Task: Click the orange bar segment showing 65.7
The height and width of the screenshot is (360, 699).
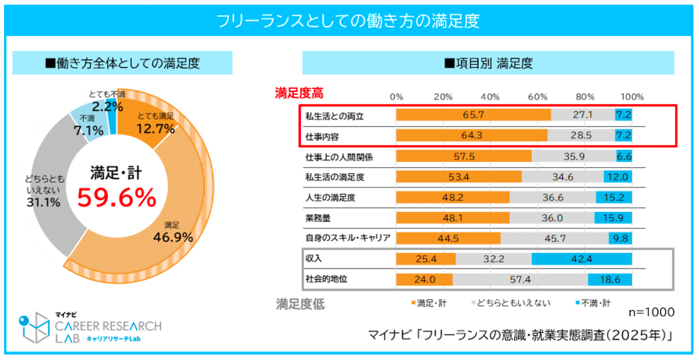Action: tap(473, 115)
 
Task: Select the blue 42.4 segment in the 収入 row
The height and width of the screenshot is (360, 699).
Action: tap(581, 258)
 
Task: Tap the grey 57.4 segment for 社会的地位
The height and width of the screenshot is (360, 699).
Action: tap(520, 280)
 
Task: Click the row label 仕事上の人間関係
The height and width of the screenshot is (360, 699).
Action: tap(339, 156)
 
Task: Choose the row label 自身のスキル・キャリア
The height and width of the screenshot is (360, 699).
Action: tap(348, 238)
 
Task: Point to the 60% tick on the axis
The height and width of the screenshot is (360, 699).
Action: tap(538, 97)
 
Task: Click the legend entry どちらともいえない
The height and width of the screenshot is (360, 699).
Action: tap(509, 303)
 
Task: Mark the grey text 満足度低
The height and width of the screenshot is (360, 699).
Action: tap(300, 303)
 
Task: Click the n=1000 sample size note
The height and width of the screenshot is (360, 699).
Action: tap(651, 312)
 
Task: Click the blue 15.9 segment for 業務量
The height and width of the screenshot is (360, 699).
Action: tap(613, 217)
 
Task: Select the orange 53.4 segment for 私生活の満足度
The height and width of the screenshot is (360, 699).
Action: tap(458, 177)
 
